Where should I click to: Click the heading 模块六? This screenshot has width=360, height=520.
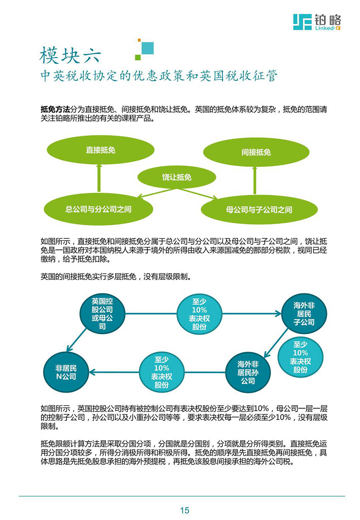tap(70, 55)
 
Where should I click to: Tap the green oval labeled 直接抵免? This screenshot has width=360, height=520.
tap(100, 150)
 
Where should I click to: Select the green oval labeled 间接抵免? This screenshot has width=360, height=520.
tap(256, 152)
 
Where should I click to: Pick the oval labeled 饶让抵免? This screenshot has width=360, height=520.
tap(177, 177)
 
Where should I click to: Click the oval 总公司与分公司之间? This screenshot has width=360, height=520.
tap(99, 209)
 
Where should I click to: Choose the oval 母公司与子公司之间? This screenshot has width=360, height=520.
tap(259, 210)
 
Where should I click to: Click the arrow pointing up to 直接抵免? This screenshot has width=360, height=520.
tap(99, 178)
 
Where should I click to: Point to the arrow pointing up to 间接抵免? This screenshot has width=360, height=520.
tap(255, 180)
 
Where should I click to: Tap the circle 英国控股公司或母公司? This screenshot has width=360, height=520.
tap(102, 314)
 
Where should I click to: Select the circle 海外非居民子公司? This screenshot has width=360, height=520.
tap(304, 314)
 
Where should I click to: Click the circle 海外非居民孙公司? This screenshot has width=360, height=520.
tap(248, 372)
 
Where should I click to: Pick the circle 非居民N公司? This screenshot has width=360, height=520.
tap(66, 372)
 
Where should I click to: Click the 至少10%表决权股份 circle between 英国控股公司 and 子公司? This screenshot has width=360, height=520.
tap(199, 314)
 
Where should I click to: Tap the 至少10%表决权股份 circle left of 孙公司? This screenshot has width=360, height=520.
tap(162, 372)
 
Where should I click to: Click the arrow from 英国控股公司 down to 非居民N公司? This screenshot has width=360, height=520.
tap(76, 340)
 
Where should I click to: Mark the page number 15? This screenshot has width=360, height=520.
tap(185, 510)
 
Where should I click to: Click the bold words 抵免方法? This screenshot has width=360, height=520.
tap(55, 109)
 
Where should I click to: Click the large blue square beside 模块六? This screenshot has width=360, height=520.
tap(147, 48)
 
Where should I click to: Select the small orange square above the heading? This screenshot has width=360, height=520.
tap(139, 40)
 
